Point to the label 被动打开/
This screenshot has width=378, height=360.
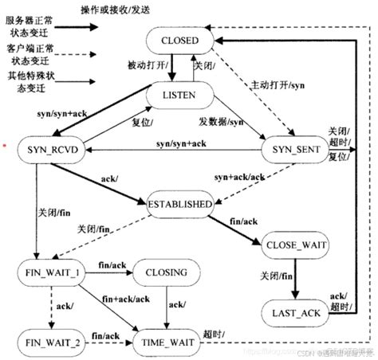146,65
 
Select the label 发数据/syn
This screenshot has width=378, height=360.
221,122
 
